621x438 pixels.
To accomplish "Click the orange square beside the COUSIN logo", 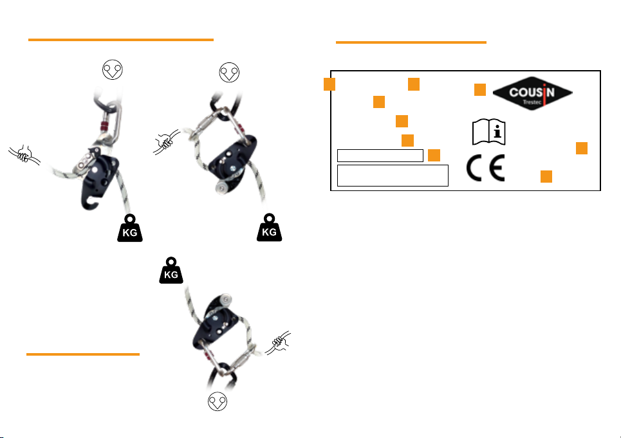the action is (480, 90).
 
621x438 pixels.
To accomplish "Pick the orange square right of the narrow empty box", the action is (434, 155).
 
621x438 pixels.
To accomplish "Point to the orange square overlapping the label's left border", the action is (329, 84).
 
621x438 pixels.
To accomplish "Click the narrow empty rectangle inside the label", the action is (380, 155).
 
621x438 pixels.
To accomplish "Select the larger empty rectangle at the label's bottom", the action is (393, 175).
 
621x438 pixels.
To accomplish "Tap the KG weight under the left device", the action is (130, 228).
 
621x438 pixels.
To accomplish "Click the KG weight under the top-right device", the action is (269, 228).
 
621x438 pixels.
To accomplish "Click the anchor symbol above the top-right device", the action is (229, 72).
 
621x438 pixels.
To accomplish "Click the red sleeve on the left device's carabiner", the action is (100, 121).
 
